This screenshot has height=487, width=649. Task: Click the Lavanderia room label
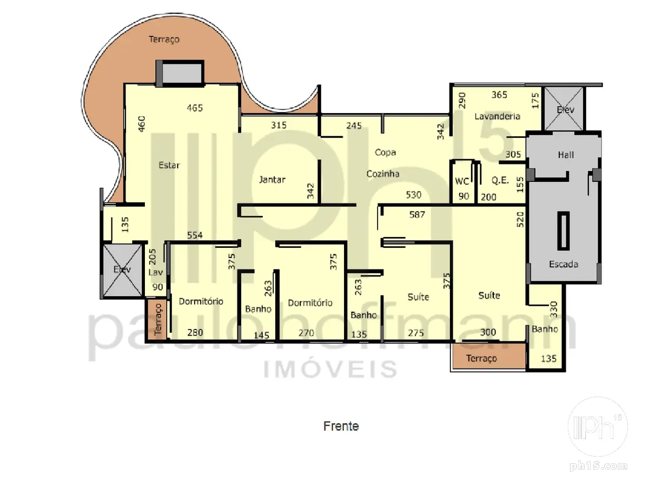497,116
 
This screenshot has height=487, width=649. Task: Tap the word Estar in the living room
169,165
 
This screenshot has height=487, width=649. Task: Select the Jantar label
272,180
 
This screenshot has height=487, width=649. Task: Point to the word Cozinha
383,174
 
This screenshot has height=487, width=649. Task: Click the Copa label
385,153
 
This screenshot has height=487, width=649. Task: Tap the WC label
462,181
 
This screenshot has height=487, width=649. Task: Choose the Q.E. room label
500,180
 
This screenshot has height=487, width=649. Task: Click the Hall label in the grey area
566,155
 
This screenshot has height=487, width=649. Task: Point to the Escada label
563,264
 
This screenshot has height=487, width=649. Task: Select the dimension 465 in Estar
195,108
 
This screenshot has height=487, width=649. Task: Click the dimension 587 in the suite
417,215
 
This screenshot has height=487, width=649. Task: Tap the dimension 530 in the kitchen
413,195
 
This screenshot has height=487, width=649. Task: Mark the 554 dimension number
195,235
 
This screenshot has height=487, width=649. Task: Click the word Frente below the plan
341,426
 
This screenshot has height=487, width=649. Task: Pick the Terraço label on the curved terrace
164,40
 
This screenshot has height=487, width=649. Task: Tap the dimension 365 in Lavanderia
499,95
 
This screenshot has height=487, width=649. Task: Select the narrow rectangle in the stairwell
563,231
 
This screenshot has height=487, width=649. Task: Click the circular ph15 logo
598,427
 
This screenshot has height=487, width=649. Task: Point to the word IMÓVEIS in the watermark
330,369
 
